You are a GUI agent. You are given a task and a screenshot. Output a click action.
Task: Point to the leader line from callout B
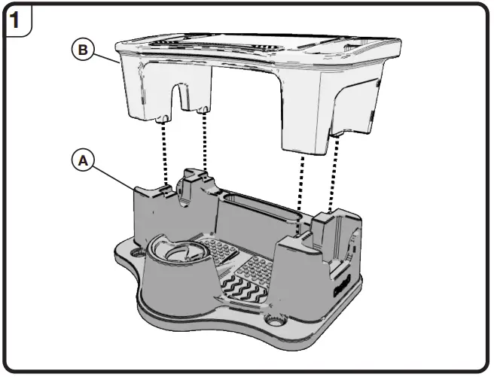[105, 57]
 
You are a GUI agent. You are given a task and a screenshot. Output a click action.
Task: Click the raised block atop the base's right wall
[328, 222]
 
